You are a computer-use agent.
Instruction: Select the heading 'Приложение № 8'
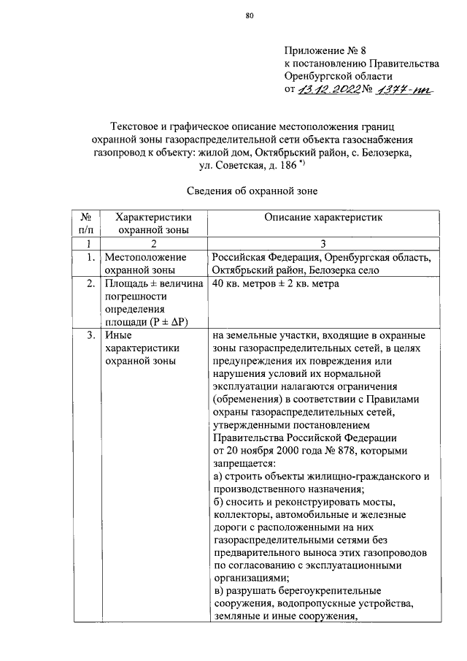(323, 51)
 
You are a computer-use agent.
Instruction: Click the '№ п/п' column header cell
(85, 223)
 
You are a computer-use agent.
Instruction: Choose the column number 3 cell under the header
(321, 243)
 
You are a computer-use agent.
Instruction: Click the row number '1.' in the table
(88, 257)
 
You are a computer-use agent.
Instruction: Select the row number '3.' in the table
(88, 336)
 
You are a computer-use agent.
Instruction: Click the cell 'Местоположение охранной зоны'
(147, 264)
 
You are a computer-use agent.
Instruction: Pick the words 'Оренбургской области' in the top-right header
(339, 77)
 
